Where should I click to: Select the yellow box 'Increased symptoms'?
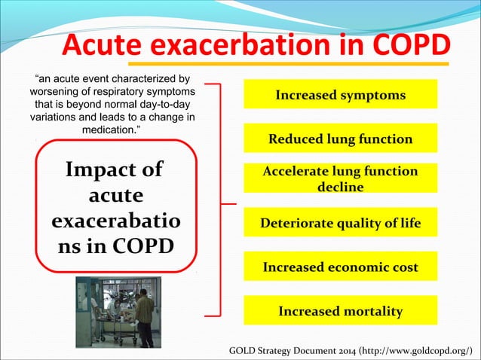[340, 95]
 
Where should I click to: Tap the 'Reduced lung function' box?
[340, 139]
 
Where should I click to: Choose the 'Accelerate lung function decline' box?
[340, 178]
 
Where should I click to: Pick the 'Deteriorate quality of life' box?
[340, 223]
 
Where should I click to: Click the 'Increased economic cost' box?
[340, 267]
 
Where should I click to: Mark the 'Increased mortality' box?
[340, 310]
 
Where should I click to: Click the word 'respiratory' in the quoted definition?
[130, 91]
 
